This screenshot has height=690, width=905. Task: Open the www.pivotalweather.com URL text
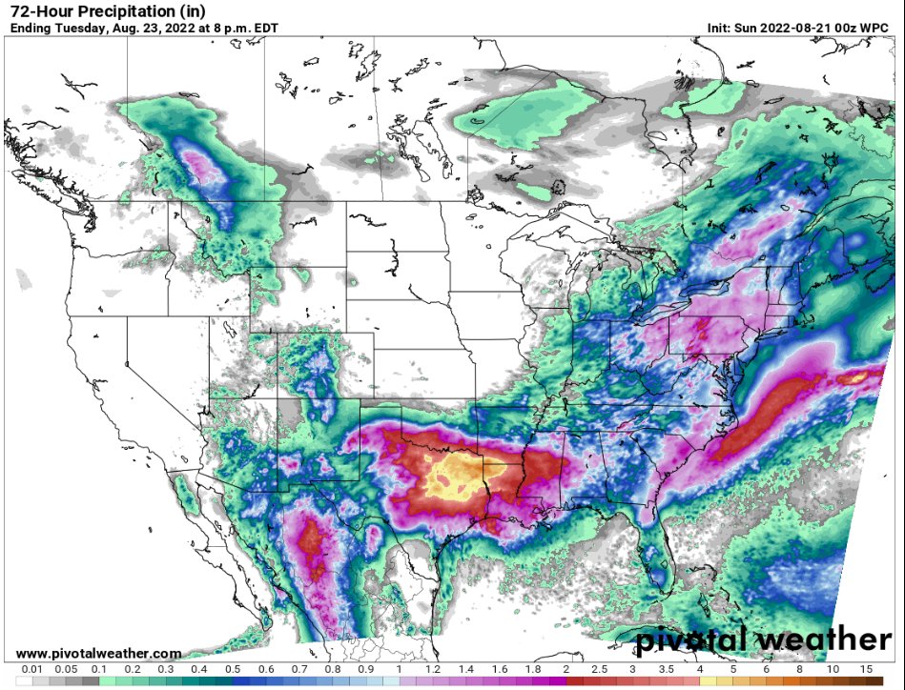click(x=99, y=653)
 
